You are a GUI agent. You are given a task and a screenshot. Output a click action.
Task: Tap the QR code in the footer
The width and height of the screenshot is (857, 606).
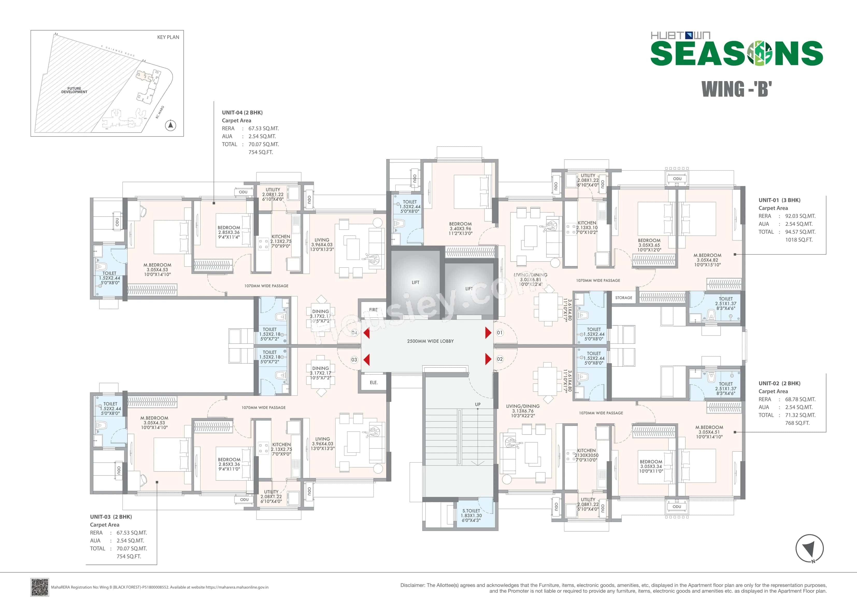pyautogui.click(x=40, y=587)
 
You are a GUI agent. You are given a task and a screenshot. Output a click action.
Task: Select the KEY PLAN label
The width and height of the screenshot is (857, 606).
pyautogui.click(x=168, y=37)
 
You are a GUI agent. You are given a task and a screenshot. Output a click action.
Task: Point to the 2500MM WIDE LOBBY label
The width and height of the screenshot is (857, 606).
pyautogui.click(x=430, y=341)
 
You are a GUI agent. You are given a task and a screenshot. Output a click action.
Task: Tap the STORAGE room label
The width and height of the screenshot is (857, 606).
pyautogui.click(x=624, y=298)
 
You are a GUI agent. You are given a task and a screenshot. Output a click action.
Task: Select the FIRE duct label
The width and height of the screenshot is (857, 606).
pyautogui.click(x=373, y=310)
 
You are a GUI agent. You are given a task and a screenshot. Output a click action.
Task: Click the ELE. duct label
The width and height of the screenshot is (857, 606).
pyautogui.click(x=374, y=382)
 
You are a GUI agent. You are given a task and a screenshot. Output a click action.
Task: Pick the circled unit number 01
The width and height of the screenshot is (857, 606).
pyautogui.click(x=499, y=332)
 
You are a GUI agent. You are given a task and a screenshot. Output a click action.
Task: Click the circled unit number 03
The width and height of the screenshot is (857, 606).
pyautogui.click(x=354, y=360)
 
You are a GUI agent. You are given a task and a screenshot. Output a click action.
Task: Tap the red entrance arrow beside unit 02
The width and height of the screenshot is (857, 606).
pyautogui.click(x=488, y=359)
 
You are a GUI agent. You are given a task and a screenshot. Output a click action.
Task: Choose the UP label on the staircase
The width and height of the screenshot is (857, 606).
pyautogui.click(x=478, y=404)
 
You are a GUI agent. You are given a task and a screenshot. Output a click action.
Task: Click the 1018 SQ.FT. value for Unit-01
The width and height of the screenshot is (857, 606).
pyautogui.click(x=798, y=240)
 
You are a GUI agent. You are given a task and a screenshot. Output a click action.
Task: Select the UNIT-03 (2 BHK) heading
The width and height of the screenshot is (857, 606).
pyautogui.click(x=111, y=517)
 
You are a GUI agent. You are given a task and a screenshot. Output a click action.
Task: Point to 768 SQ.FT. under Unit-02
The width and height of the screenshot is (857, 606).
pyautogui.click(x=797, y=423)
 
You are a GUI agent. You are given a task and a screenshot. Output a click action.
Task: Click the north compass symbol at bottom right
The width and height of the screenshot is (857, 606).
pyautogui.click(x=809, y=548)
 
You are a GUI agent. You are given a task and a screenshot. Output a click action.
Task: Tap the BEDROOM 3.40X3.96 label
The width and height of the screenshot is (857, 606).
pyautogui.click(x=460, y=229)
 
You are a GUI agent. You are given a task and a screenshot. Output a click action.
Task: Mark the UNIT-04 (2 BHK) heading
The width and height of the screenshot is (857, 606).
pyautogui.click(x=242, y=112)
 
